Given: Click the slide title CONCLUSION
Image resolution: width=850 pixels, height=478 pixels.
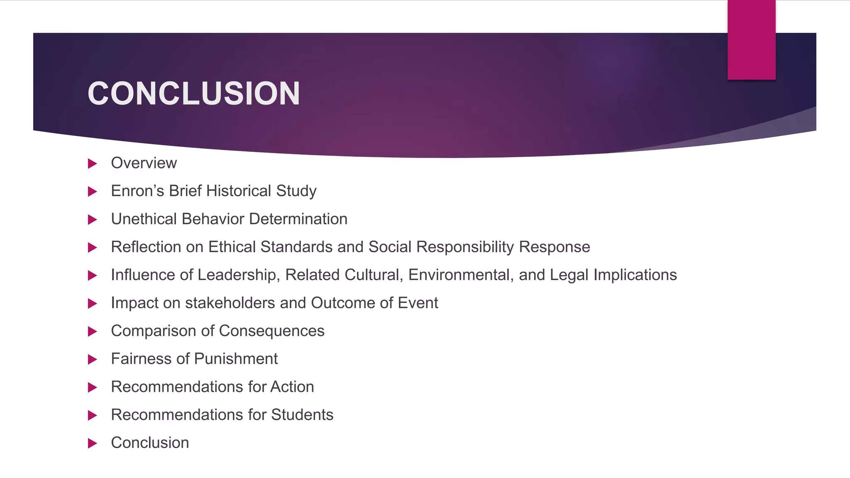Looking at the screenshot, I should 193,94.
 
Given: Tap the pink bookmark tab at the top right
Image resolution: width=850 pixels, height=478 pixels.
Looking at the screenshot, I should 751,40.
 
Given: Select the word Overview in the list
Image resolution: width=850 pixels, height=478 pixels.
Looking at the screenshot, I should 144,163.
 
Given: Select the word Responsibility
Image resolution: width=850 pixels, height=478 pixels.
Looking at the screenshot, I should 465,247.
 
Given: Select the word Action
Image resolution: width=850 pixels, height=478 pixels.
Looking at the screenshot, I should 292,387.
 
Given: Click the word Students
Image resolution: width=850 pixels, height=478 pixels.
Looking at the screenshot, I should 302,415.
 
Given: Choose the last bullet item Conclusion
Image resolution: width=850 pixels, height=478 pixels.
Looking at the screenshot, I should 150,443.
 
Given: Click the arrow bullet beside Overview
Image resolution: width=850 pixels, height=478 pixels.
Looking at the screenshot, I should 93,163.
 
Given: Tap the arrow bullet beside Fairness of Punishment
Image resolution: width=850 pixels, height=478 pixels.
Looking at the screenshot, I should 93,359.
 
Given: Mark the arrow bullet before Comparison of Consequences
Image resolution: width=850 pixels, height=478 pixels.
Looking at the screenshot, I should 93,332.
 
